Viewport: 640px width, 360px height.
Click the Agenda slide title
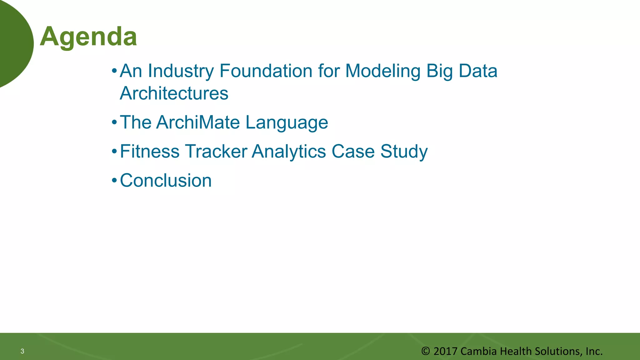[x=88, y=37]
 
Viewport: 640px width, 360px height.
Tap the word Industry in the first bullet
[x=181, y=71]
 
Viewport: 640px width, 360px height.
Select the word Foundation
[x=266, y=71]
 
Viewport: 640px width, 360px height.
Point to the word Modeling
[x=383, y=71]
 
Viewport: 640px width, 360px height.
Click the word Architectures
[x=174, y=93]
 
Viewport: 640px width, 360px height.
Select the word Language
[x=287, y=122]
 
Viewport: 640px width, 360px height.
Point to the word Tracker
[x=216, y=152]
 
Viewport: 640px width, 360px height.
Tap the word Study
[x=404, y=152]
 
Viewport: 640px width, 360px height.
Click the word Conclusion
[x=166, y=181]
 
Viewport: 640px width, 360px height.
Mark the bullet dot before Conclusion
[x=114, y=181]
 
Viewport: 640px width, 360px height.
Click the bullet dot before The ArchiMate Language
[x=114, y=122]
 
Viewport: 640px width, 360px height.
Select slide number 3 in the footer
[x=22, y=351]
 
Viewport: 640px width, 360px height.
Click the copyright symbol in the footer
[x=425, y=351]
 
